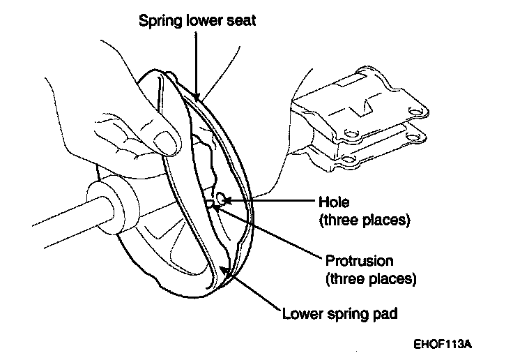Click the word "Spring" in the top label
[160, 20]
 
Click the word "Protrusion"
[360, 262]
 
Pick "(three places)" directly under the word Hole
[364, 220]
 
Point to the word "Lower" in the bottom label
[304, 313]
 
